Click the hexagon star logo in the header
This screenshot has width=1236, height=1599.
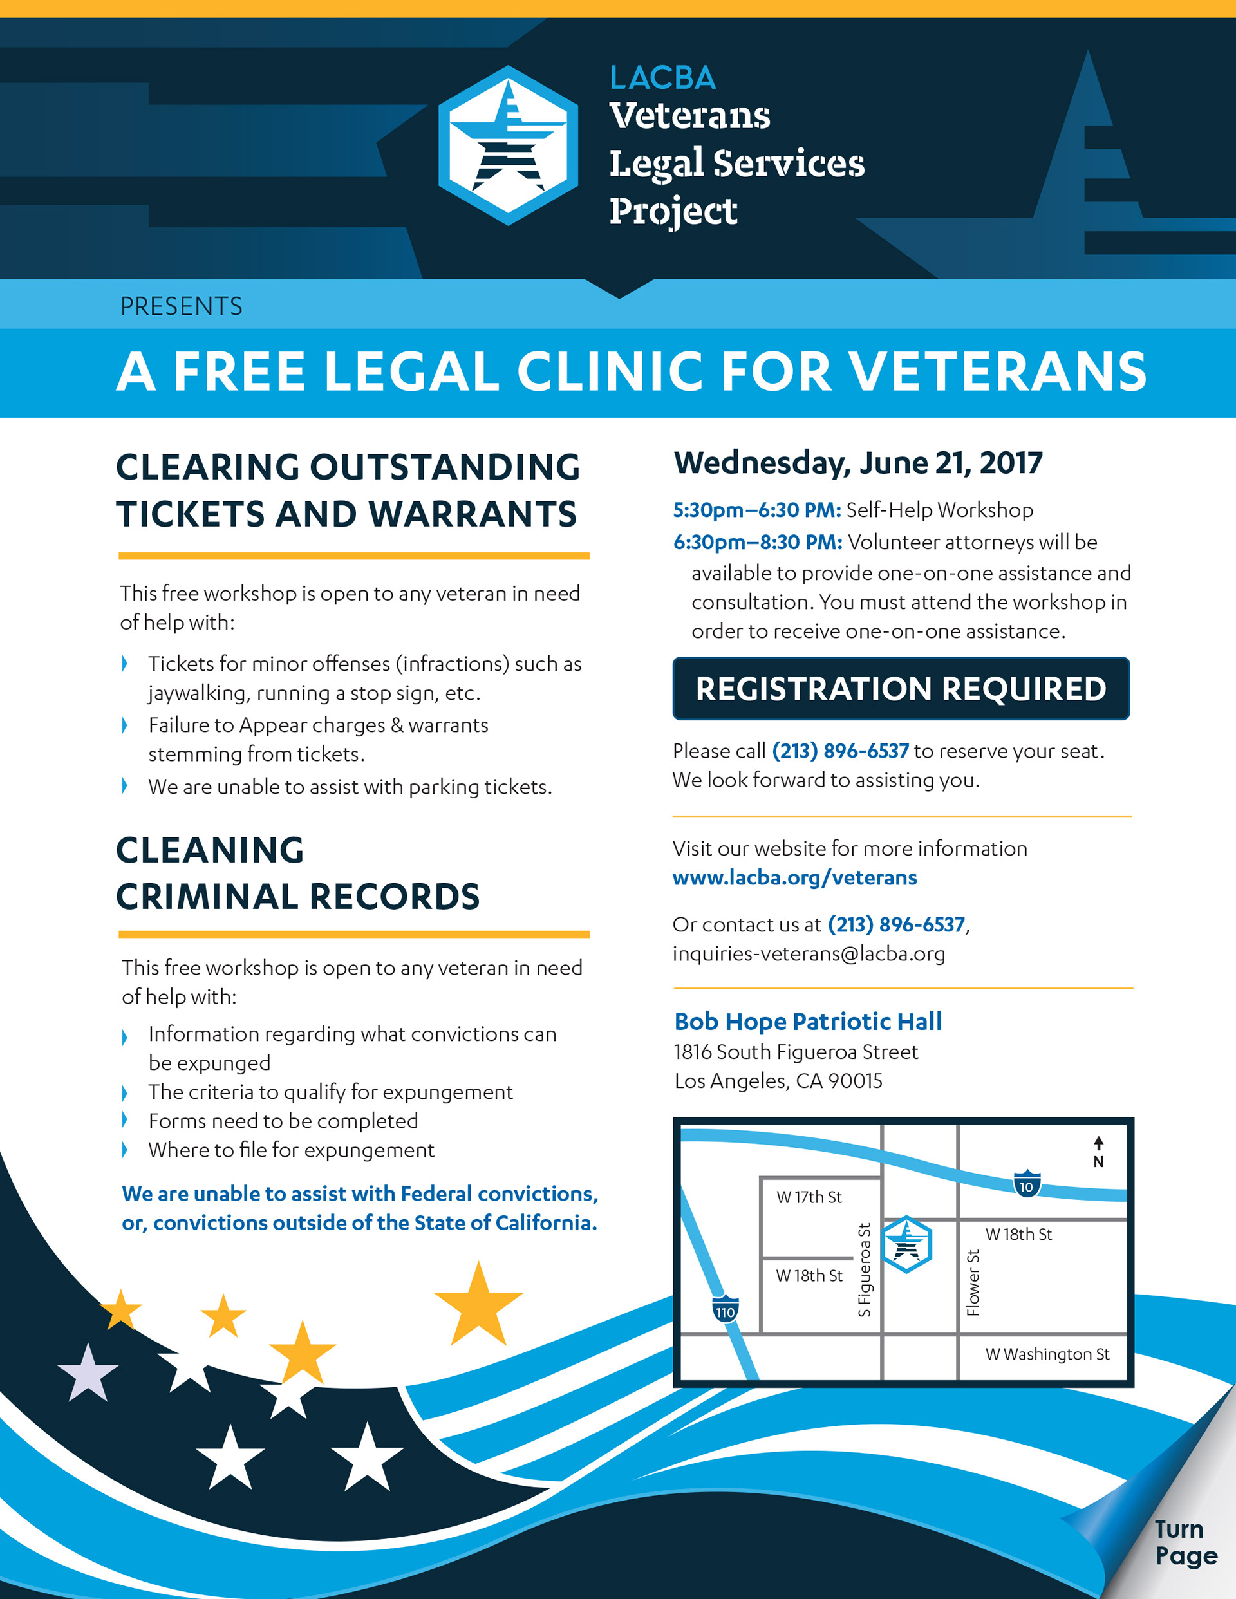(x=508, y=145)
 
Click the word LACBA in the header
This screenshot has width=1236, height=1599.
(x=662, y=79)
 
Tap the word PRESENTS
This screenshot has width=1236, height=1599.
(x=181, y=306)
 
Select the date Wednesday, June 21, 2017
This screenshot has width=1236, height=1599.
(x=857, y=463)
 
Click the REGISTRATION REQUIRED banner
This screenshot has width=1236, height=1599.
(x=901, y=688)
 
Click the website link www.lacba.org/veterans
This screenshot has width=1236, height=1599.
(x=794, y=877)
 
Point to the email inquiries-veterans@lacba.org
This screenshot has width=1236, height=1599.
(x=809, y=954)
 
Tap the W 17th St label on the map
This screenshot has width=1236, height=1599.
(x=809, y=1197)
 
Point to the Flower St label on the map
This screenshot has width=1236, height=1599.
(x=973, y=1282)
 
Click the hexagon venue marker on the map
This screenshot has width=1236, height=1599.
(x=907, y=1245)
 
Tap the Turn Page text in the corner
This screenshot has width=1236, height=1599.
(x=1186, y=1542)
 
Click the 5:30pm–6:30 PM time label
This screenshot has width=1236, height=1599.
(x=756, y=510)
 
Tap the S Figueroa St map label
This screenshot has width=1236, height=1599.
(x=865, y=1270)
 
